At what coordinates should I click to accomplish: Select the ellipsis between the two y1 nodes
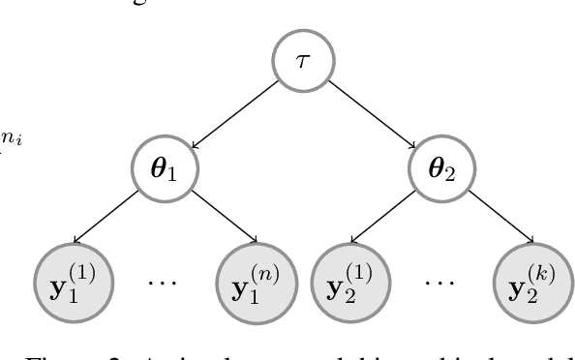[x=165, y=284]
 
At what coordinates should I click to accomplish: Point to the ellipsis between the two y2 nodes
[x=441, y=284]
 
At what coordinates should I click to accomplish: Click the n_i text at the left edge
[x=12, y=139]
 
